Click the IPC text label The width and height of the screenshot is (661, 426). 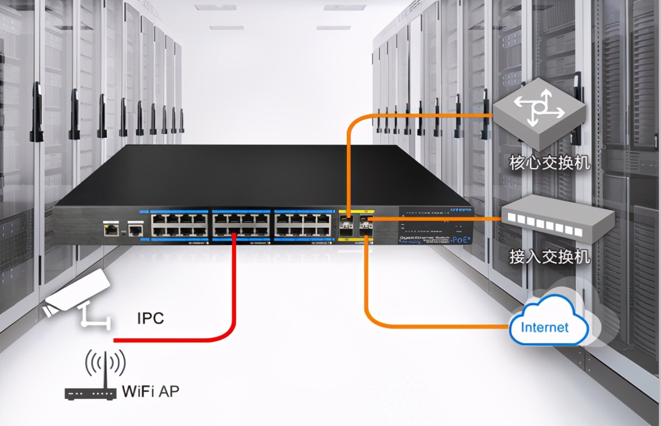coord(150,318)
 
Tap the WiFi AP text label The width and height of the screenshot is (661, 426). coord(151,390)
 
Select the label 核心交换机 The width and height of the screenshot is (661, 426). coord(549,163)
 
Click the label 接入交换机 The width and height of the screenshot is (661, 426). coord(549,257)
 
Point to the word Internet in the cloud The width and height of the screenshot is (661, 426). coord(545,327)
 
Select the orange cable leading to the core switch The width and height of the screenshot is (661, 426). coord(418,115)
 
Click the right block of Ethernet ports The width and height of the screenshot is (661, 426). coord(302,224)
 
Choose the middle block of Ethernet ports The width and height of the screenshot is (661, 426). coord(241,224)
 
